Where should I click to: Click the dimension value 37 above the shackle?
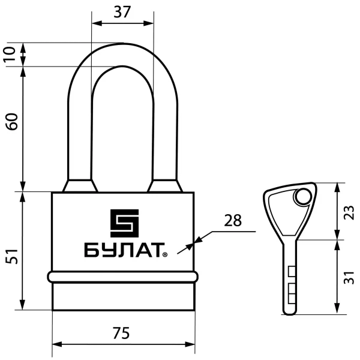[122, 12]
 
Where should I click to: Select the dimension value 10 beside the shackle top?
[10, 54]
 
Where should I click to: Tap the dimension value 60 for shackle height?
[12, 121]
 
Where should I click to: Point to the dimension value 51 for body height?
[12, 256]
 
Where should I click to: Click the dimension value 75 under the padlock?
[121, 333]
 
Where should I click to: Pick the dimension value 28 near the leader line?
[233, 220]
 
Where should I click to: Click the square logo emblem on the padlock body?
[124, 223]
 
